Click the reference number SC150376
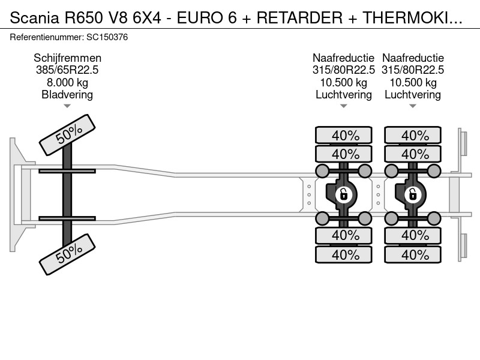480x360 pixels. coord(107,37)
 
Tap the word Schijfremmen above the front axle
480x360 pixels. coord(67,58)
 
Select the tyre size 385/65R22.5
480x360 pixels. coord(67,70)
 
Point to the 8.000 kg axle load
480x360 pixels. coord(67,82)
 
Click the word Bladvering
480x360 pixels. coord(67,95)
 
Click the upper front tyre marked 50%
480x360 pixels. coord(67,134)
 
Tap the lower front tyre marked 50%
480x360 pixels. coord(67,254)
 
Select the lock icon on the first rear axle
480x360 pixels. coord(343,194)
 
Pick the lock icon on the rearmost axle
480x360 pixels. coord(413,194)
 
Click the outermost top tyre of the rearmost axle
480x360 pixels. coord(413,135)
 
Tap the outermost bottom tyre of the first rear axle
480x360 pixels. coord(343,254)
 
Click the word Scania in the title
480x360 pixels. coord(34,17)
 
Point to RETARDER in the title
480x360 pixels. coord(299,17)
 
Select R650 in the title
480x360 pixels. coord(83,17)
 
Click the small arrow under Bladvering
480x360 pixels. coord(67,106)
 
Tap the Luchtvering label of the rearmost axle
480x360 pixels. coord(413,95)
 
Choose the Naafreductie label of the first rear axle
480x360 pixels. coord(343,58)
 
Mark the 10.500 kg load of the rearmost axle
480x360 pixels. coord(413,82)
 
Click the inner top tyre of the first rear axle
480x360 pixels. coord(343,154)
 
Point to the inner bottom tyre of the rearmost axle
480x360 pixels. coord(413,235)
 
